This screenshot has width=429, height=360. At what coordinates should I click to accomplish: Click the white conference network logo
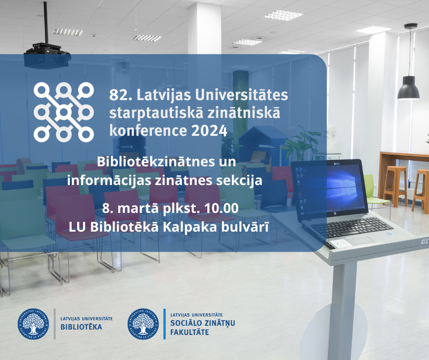(x=64, y=112)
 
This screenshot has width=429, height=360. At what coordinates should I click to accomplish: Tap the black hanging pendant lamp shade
(x=408, y=88)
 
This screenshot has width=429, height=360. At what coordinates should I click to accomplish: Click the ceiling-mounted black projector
(x=47, y=55)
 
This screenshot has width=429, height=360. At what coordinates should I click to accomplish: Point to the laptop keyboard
(x=351, y=227)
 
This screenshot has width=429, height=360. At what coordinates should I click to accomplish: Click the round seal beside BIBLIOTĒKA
(x=33, y=324)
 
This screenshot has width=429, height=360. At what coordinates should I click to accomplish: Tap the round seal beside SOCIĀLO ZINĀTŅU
(x=143, y=324)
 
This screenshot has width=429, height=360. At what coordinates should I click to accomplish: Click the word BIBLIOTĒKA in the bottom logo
(x=81, y=327)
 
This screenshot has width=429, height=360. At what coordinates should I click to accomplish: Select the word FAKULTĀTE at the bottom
(x=189, y=332)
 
